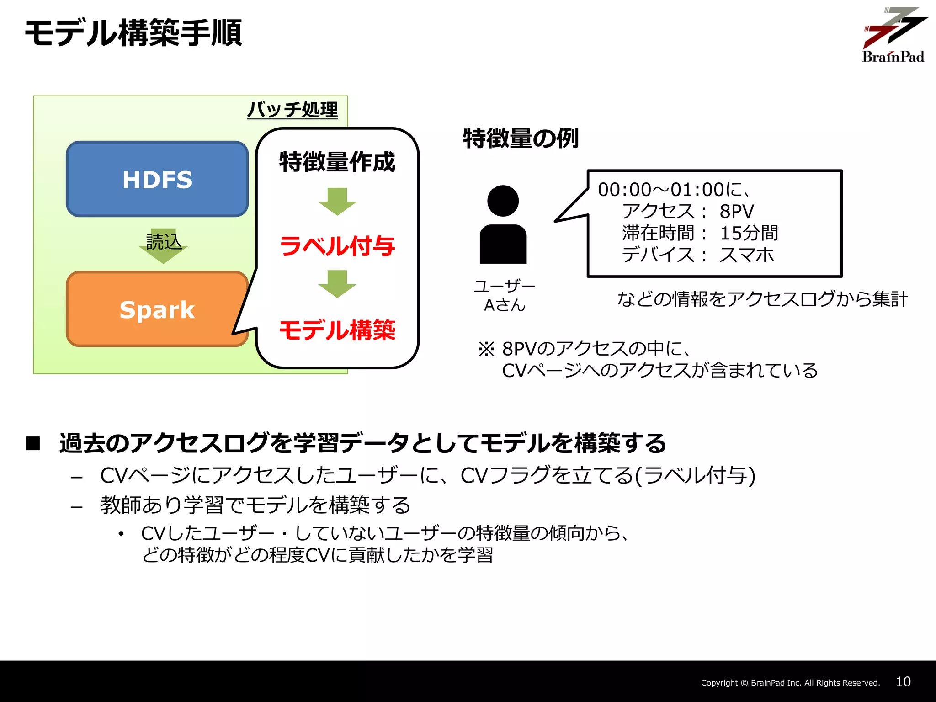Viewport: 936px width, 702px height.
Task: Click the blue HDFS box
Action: click(x=157, y=179)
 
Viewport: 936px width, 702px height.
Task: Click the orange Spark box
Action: click(x=157, y=309)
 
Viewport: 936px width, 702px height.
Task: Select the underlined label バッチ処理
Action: click(x=292, y=110)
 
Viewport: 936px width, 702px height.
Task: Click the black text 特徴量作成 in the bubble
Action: click(x=337, y=162)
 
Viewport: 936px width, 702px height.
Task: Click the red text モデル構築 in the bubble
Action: click(x=337, y=330)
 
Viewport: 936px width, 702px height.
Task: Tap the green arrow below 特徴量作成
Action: click(x=337, y=201)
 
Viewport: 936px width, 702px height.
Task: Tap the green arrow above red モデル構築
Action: click(x=337, y=283)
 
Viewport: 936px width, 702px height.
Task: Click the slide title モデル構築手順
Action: click(x=133, y=33)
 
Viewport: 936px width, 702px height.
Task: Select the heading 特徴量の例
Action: click(x=521, y=138)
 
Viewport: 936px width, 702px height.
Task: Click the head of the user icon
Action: click(x=503, y=201)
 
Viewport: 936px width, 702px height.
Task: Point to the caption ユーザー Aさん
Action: click(x=505, y=296)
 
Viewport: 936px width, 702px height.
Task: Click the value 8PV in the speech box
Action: click(x=737, y=211)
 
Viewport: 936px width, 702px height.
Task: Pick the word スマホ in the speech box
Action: click(x=747, y=255)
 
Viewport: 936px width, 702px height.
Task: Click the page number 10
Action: click(x=903, y=682)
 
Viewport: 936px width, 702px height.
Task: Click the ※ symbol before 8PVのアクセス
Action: click(x=486, y=349)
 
